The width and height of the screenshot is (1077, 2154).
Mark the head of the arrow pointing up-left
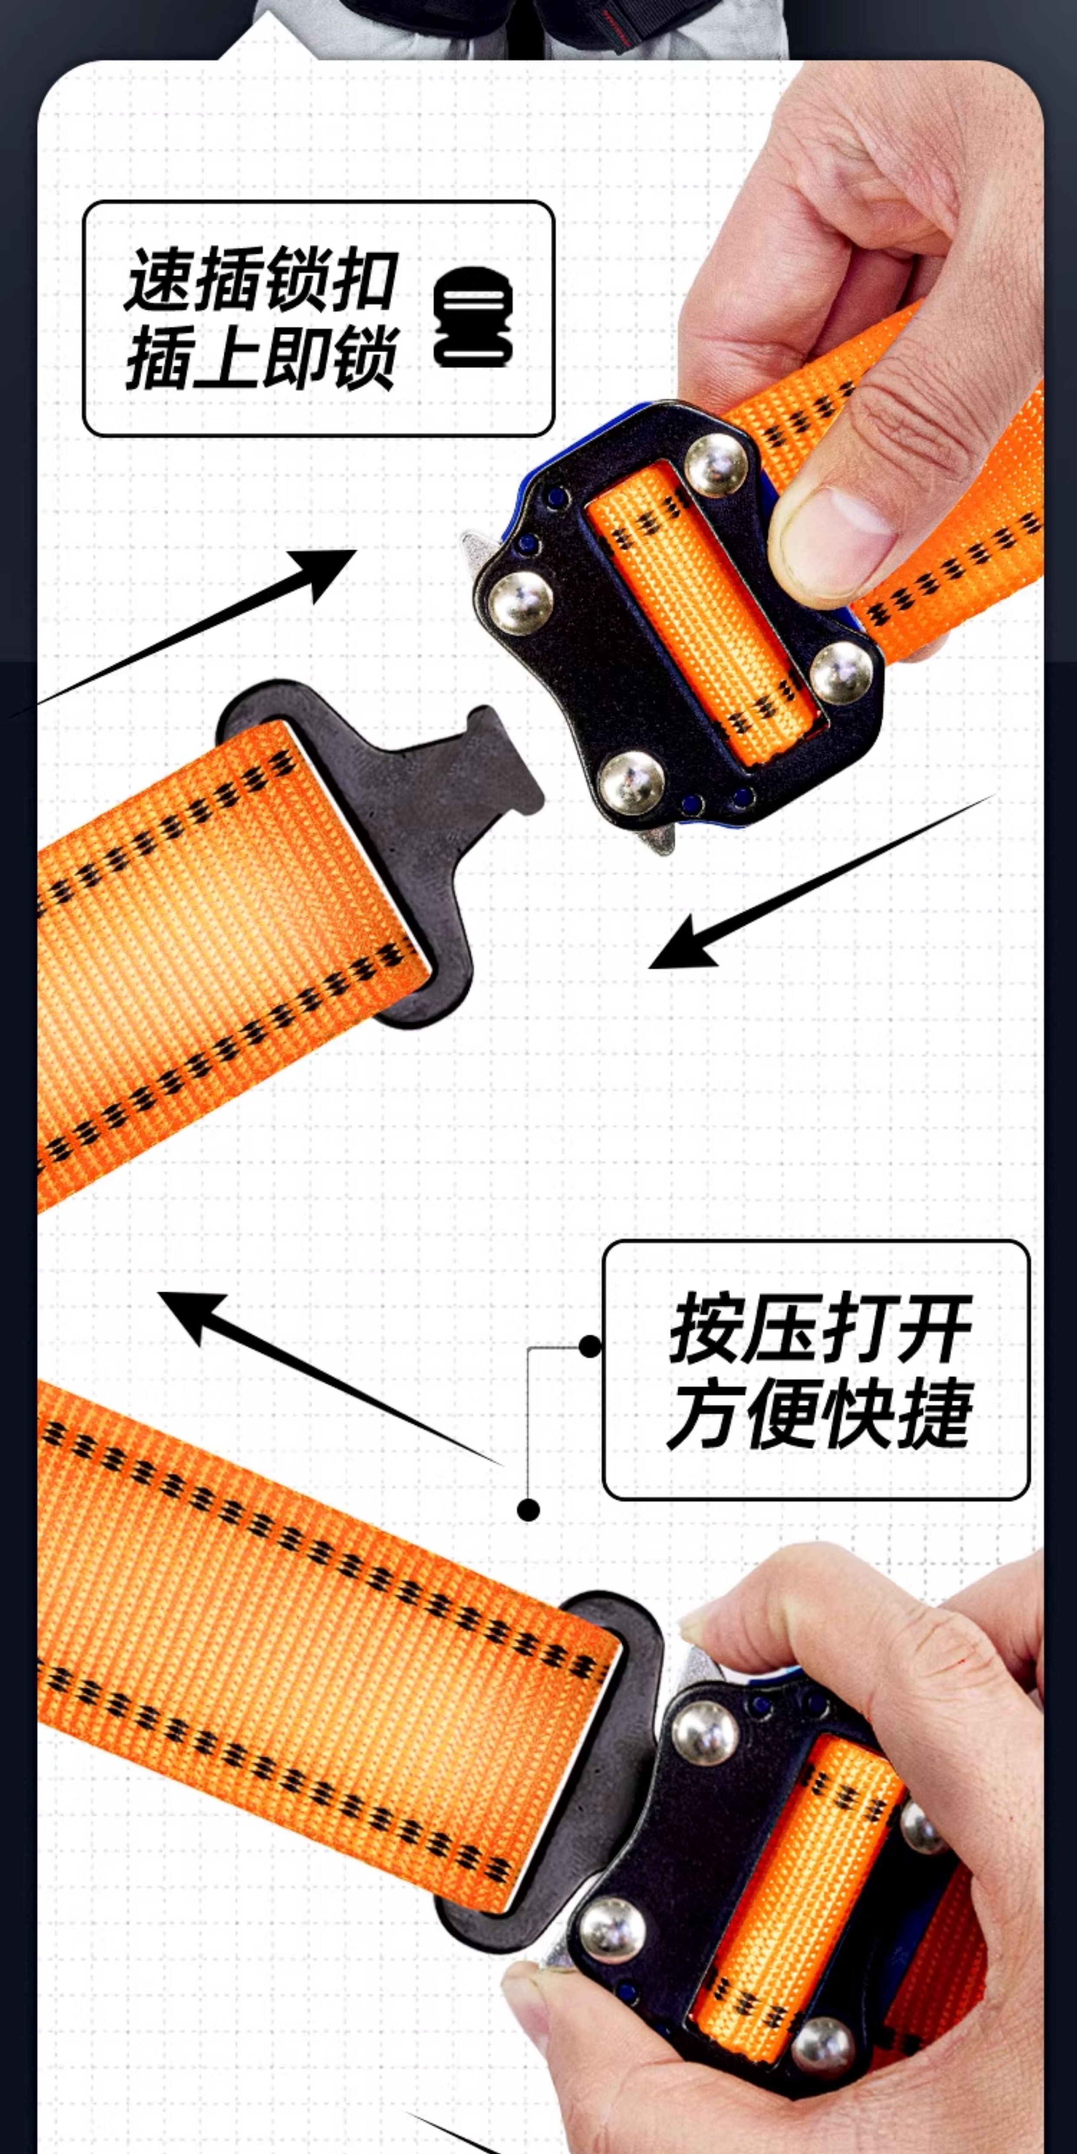(x=191, y=1313)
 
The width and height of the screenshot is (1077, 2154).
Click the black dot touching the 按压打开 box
(x=590, y=1346)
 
